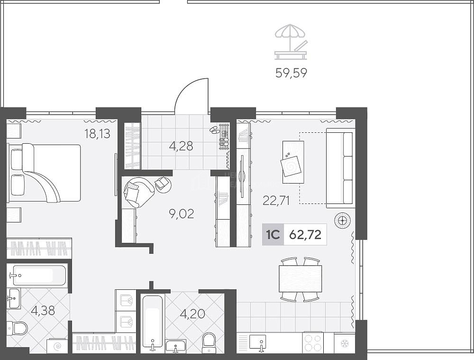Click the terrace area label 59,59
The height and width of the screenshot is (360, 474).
[291, 73]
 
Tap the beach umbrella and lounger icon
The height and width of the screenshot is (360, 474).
[291, 42]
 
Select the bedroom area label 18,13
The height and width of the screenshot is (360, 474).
[97, 133]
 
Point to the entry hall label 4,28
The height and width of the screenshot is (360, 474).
[181, 146]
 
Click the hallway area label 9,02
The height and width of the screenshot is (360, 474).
[182, 214]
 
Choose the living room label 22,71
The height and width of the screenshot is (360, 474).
[276, 201]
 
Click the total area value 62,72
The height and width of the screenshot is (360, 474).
[305, 234]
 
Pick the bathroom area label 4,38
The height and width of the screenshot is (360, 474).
[43, 311]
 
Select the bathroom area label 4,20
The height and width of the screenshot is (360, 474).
[192, 314]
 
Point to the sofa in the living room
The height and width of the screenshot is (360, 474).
[340, 168]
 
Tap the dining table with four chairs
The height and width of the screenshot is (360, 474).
[300, 279]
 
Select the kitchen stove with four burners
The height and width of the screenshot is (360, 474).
[312, 343]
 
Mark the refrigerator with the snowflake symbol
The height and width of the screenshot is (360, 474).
[344, 343]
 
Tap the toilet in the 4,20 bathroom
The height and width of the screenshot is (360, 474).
[209, 343]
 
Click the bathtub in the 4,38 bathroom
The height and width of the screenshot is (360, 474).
[39, 275]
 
